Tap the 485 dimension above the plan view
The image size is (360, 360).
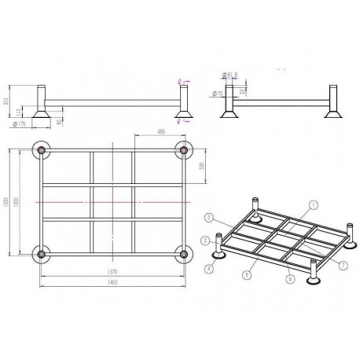[x=161, y=131]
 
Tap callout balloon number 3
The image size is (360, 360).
[x=208, y=217]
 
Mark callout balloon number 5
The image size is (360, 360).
[x=248, y=274]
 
